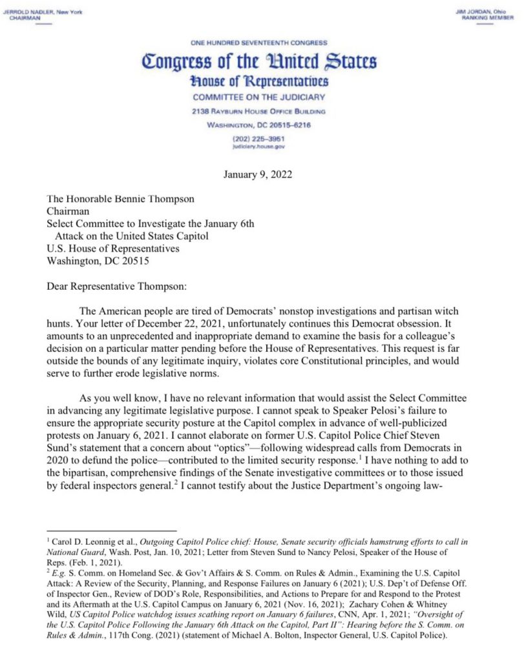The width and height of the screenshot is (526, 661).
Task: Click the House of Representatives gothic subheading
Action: pyautogui.click(x=258, y=82)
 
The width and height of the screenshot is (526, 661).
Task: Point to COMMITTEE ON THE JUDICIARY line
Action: pyautogui.click(x=258, y=97)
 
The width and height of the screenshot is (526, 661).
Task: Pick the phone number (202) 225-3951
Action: pyautogui.click(x=258, y=138)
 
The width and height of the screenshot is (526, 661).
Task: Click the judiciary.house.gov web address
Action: pyautogui.click(x=258, y=147)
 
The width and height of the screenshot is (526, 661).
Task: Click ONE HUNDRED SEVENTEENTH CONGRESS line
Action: pyautogui.click(x=258, y=43)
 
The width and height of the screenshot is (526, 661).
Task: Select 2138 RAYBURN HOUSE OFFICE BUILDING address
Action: pyautogui.click(x=258, y=111)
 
